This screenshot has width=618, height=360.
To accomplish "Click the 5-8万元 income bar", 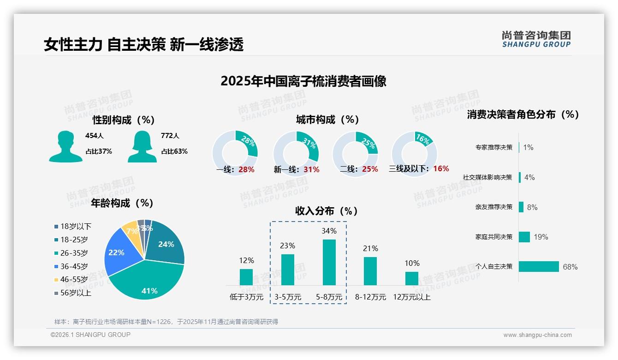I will click(x=329, y=262).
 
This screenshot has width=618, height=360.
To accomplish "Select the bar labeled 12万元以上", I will click(x=411, y=278).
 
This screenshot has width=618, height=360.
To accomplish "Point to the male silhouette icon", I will click(x=65, y=146).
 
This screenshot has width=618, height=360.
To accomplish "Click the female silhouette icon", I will click(x=142, y=146).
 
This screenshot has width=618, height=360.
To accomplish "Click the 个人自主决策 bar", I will click(x=539, y=266).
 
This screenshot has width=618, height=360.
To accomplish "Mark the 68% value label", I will click(x=570, y=267).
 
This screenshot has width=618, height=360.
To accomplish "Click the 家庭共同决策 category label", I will click(x=493, y=237).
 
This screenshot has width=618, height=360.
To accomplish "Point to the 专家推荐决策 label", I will click(x=493, y=147).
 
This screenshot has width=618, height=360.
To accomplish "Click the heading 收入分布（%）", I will click(x=327, y=211).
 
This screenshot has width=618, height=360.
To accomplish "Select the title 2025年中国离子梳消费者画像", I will click(x=303, y=81).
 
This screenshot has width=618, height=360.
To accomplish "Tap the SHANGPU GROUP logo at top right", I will click(x=536, y=39).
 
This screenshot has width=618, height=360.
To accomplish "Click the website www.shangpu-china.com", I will click(x=537, y=335).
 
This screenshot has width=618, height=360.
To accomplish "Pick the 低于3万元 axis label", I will click(x=246, y=297).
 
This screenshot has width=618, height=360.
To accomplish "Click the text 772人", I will click(x=170, y=136).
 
